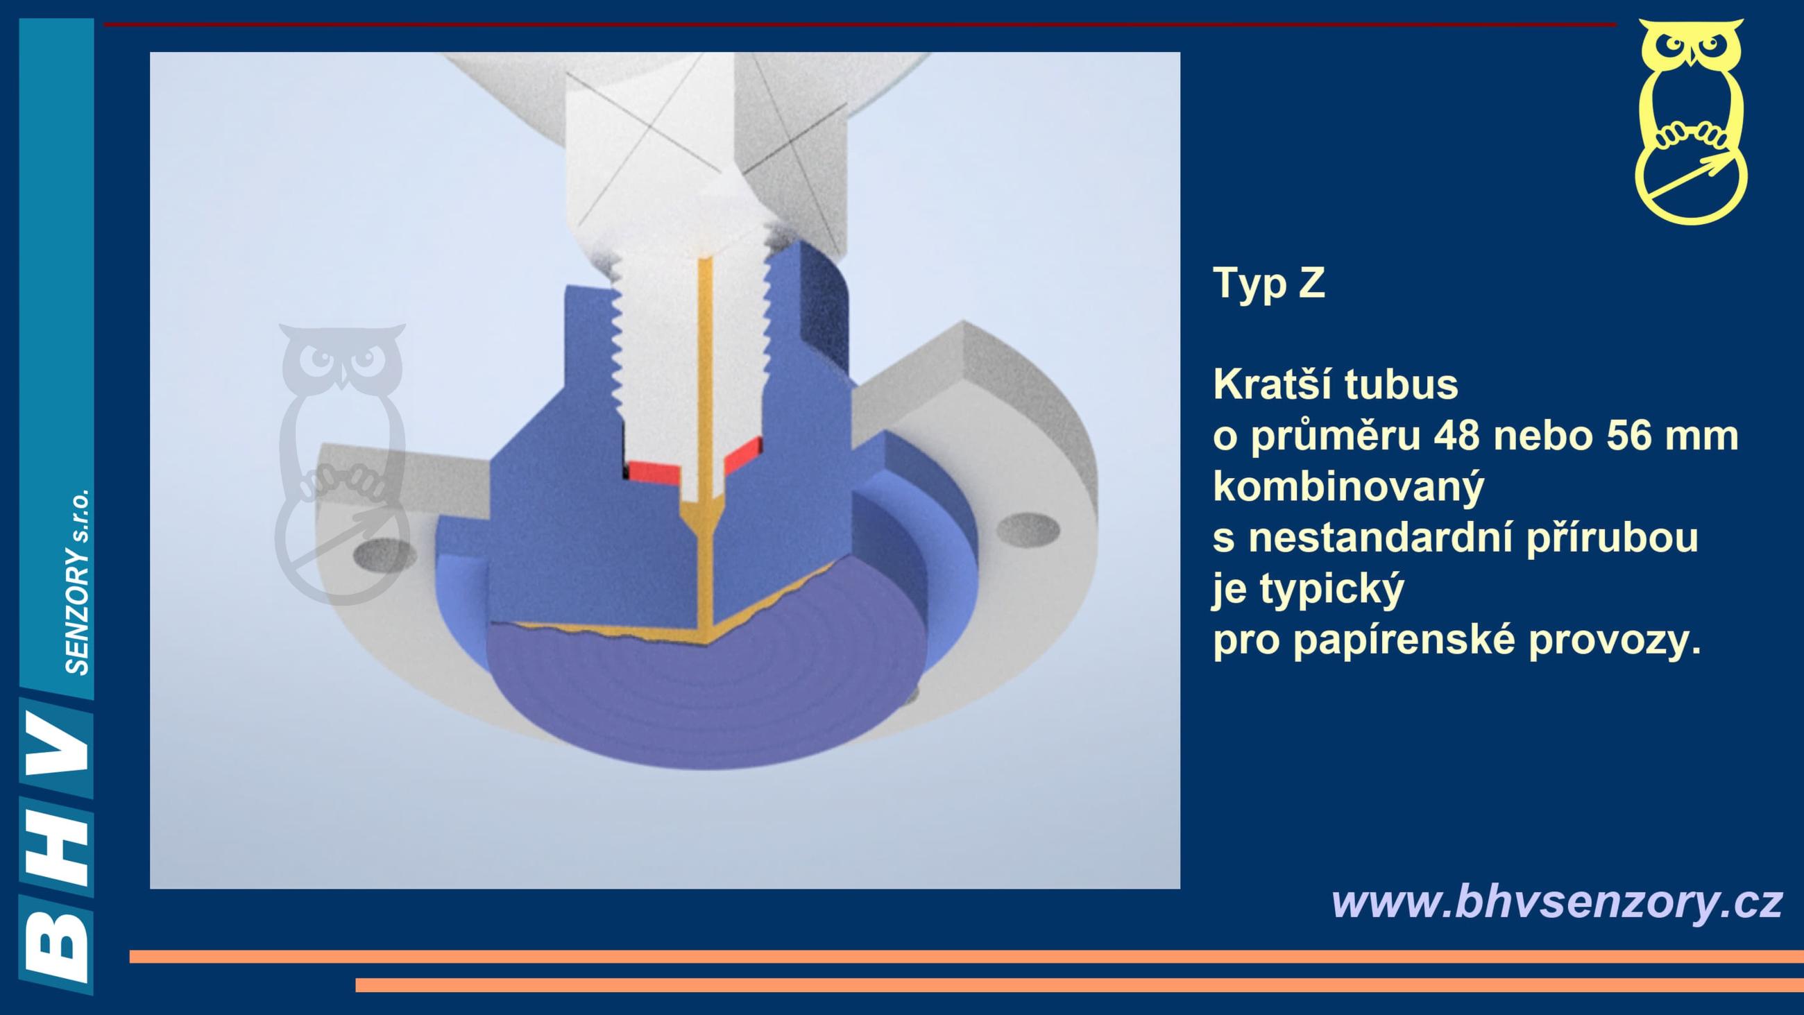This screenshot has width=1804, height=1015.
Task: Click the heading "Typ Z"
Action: tap(1269, 283)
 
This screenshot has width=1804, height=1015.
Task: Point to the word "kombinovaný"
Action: tap(1349, 488)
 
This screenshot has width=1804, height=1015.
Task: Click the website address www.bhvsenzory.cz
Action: tap(1556, 903)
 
